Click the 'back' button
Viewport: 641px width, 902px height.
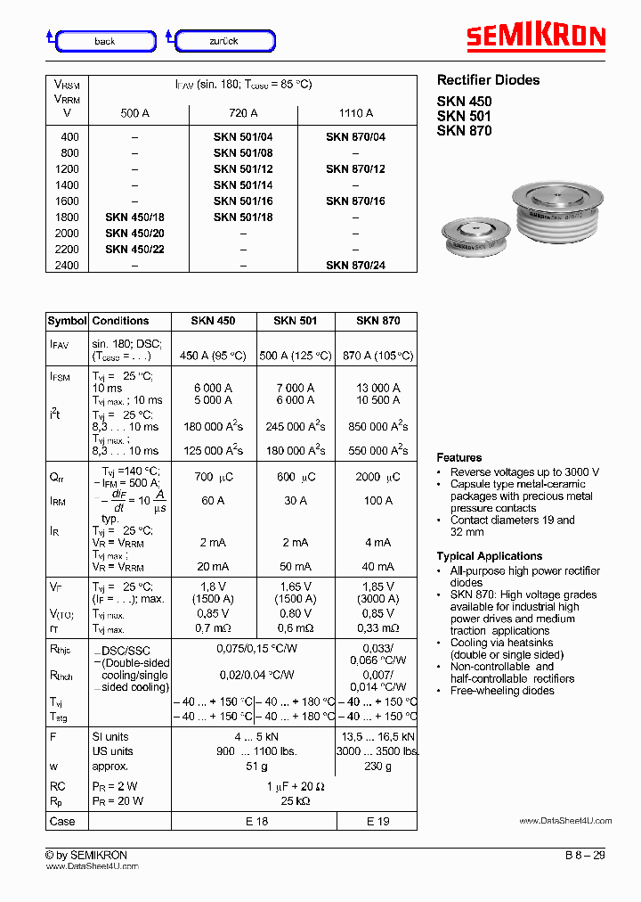pos(105,41)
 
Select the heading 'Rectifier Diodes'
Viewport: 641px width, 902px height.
pos(488,80)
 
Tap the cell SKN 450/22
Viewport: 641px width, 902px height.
pos(134,249)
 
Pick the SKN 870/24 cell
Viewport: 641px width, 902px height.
pos(355,265)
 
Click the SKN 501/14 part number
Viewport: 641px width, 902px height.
pos(243,184)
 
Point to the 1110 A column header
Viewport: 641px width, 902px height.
pos(355,113)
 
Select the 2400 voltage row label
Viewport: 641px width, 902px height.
pos(69,265)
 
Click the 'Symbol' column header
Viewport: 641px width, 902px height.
pos(67,321)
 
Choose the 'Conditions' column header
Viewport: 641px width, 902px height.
pos(120,321)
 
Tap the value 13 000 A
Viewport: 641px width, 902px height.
pos(377,388)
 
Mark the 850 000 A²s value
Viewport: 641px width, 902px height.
pos(377,426)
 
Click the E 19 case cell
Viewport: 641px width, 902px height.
pos(377,821)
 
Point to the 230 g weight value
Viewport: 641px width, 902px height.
pos(377,766)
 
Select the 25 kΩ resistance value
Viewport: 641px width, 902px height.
pos(296,801)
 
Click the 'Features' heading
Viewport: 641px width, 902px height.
pos(459,457)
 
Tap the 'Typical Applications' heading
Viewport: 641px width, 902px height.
pos(489,556)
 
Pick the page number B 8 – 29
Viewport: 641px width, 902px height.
pos(584,855)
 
